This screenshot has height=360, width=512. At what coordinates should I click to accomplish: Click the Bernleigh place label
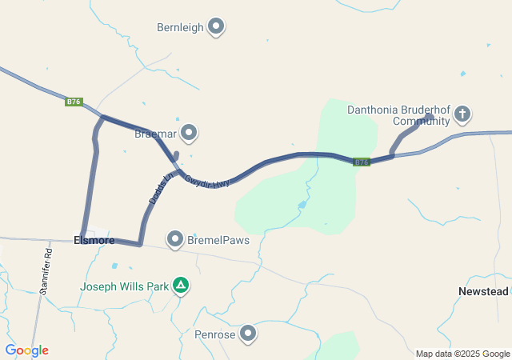click(180, 27)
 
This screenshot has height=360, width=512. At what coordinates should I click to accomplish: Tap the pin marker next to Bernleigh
click(215, 27)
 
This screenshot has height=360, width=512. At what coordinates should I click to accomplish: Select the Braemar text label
click(154, 133)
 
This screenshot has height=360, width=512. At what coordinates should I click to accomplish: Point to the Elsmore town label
click(94, 240)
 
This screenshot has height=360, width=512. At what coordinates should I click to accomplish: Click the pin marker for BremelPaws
click(175, 239)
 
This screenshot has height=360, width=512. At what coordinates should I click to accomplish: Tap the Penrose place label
click(214, 334)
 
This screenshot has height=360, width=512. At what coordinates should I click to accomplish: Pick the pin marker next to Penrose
click(249, 334)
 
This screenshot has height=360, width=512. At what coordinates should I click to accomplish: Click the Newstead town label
click(483, 291)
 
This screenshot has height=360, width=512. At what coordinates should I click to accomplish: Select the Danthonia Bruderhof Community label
click(398, 115)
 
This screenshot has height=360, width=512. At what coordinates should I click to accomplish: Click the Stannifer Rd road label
click(46, 267)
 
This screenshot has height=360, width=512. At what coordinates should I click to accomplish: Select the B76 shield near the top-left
click(74, 102)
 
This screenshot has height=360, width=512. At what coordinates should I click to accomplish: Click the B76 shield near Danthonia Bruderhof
click(362, 162)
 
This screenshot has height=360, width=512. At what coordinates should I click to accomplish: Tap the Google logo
click(26, 350)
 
